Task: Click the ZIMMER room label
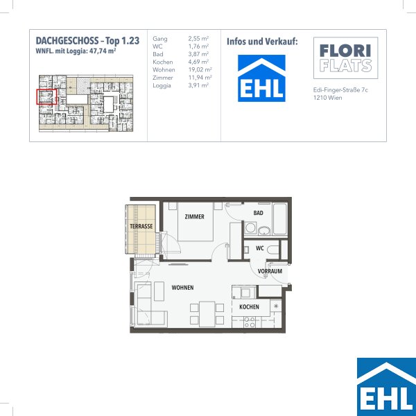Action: [194, 217]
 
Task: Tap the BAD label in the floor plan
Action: [258, 213]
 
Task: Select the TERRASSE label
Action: [141, 226]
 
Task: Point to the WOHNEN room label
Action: [182, 288]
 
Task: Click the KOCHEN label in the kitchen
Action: [249, 307]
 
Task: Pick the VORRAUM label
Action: [270, 271]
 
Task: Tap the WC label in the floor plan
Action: [260, 248]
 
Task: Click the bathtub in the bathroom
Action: [280, 219]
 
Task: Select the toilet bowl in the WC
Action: [273, 250]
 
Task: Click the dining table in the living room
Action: [207, 314]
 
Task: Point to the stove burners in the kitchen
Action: [250, 322]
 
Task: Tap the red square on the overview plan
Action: [46, 97]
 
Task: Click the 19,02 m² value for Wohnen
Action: [200, 70]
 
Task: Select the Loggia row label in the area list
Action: [162, 86]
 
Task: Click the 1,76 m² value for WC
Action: [198, 46]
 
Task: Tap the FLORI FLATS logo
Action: [345, 58]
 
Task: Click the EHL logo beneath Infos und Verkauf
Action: [261, 78]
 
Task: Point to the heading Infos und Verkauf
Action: [262, 42]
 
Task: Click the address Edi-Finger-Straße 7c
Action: [340, 90]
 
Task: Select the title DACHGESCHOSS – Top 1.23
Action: [87, 41]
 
